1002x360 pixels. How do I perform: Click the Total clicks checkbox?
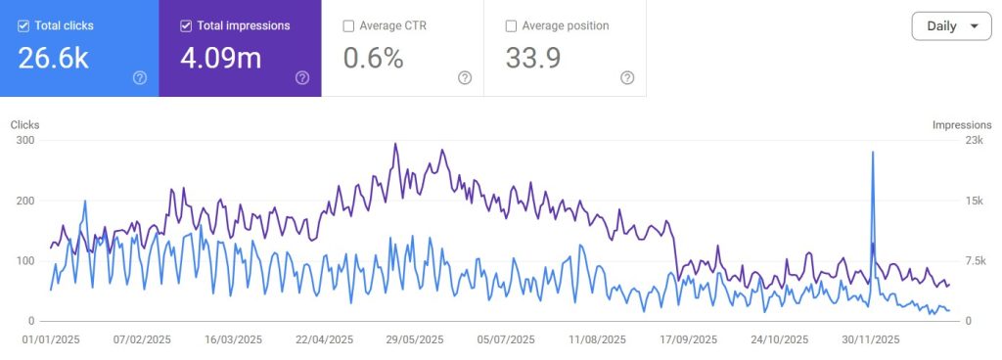23,26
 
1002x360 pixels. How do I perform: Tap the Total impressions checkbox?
186,26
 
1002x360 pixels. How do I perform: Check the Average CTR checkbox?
348,26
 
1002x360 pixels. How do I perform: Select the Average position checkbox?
511,26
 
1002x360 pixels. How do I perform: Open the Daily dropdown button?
951,26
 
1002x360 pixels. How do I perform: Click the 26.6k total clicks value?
54,59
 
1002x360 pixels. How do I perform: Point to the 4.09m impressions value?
220,59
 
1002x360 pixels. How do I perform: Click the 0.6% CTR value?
374,59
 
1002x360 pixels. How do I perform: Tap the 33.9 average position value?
533,59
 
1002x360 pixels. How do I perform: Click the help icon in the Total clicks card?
140,77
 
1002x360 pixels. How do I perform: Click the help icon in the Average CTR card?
465,77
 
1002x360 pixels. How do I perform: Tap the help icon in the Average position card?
627,77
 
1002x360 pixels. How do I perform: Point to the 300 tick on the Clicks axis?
24,141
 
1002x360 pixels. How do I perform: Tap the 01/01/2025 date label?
51,340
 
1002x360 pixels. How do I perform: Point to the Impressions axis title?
962,125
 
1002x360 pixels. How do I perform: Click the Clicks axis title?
25,125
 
